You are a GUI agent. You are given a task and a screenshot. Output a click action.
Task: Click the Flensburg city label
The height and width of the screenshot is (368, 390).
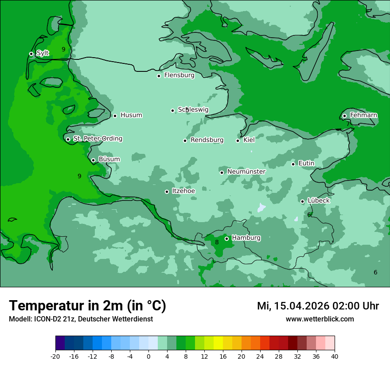(179, 75)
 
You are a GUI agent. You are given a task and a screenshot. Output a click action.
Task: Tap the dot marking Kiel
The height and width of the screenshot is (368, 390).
(238, 141)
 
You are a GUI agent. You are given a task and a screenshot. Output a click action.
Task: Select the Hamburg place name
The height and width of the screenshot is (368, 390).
(246, 238)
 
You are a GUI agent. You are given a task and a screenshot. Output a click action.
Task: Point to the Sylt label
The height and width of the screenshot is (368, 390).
(43, 53)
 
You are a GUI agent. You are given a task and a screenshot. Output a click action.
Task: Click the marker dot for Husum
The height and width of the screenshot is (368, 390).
(115, 116)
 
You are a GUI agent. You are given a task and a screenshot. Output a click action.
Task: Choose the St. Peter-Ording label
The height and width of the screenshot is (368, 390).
(97, 139)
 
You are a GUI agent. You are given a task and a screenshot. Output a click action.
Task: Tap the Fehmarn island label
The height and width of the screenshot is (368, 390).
(363, 115)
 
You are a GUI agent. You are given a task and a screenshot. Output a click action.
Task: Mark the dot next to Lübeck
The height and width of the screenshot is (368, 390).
(303, 201)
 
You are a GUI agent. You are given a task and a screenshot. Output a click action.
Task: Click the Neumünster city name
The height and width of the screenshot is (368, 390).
(246, 172)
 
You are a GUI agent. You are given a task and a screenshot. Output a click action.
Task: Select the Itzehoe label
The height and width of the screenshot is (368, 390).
(183, 191)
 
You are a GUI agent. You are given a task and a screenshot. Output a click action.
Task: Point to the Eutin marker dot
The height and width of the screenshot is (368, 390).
(293, 164)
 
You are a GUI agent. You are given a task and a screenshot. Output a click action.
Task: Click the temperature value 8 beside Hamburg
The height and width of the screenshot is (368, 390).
(217, 242)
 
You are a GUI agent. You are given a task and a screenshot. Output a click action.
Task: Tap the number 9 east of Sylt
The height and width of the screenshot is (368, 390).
(63, 49)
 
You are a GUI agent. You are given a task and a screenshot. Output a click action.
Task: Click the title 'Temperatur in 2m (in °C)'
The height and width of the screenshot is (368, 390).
(87, 306)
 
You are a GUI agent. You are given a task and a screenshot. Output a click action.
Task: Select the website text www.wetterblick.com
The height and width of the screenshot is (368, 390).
(320, 319)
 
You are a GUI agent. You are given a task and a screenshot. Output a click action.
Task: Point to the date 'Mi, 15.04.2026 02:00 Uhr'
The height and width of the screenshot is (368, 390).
(318, 306)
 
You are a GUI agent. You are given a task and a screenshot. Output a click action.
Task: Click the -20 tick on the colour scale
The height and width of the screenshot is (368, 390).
(55, 356)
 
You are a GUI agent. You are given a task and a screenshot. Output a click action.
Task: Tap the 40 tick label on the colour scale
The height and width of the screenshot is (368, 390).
(335, 356)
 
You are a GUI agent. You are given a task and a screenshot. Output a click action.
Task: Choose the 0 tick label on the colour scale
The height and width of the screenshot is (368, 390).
(148, 356)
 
